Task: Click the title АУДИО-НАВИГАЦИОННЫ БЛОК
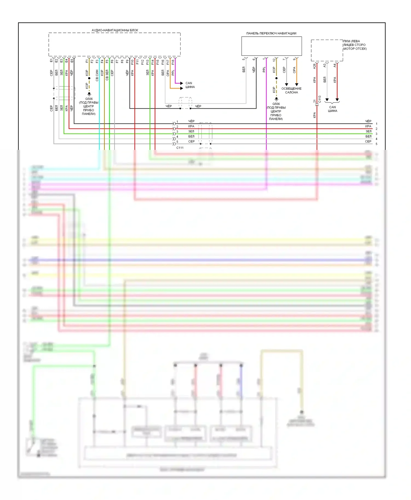(x=115, y=30)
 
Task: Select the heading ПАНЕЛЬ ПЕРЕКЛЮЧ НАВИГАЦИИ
(x=271, y=33)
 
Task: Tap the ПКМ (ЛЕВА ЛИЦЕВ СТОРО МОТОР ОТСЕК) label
(x=355, y=45)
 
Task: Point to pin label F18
(x=173, y=62)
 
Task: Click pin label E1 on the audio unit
(x=51, y=60)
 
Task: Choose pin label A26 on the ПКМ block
(x=315, y=66)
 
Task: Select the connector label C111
(x=180, y=148)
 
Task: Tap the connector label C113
(x=320, y=99)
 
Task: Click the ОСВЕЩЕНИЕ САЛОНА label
(x=291, y=91)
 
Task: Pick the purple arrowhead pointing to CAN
(x=181, y=83)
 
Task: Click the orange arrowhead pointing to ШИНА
(x=181, y=88)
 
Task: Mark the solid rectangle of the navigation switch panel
(x=272, y=46)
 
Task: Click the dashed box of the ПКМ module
(x=327, y=50)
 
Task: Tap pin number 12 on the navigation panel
(x=274, y=60)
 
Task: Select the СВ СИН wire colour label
(x=97, y=75)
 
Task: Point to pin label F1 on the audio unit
(x=87, y=61)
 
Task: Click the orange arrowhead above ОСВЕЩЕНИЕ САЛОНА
(x=296, y=85)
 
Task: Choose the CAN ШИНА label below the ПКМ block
(x=332, y=109)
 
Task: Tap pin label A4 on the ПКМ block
(x=335, y=66)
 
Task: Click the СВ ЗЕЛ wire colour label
(x=107, y=75)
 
